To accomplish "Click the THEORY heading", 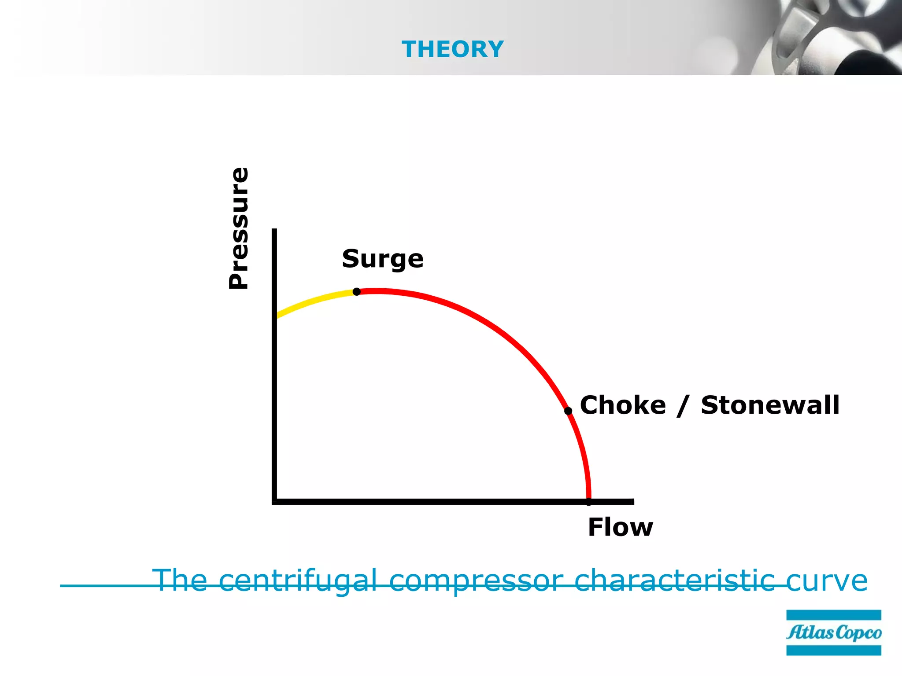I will click(452, 49).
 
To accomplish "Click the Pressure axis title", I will click(239, 228).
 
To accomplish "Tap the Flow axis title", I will click(620, 527).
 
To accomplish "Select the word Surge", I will click(382, 259).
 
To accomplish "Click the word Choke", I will click(623, 405).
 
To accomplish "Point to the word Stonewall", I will click(770, 405).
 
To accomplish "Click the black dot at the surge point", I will click(357, 292).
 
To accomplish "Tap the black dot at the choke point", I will click(568, 411).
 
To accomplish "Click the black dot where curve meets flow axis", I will click(588, 502).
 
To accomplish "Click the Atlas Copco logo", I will click(833, 632).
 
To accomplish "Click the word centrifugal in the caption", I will click(298, 580).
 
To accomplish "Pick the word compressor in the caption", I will click(476, 580).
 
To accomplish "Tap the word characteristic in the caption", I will click(674, 580).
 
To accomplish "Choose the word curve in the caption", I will click(827, 580).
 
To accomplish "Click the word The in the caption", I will click(180, 580).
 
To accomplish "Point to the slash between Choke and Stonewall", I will click(683, 406).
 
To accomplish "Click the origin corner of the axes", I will click(275, 502).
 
